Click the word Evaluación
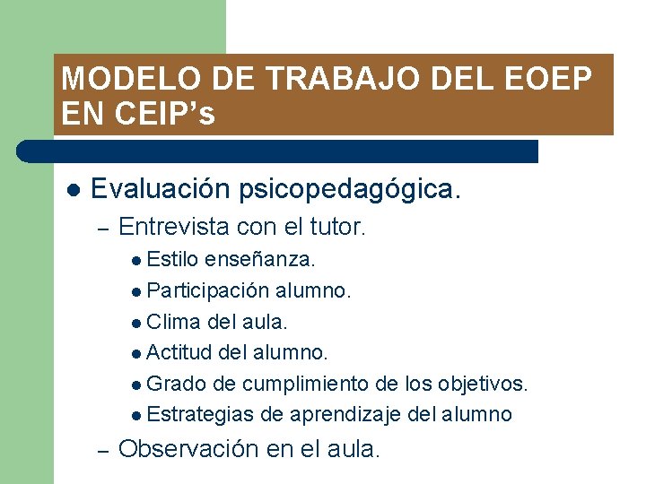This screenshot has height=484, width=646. click(161, 189)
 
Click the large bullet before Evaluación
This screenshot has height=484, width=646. click(74, 190)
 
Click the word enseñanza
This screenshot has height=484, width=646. click(260, 260)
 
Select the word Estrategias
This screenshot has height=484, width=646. click(200, 414)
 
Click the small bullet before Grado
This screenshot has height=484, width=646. click(135, 385)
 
